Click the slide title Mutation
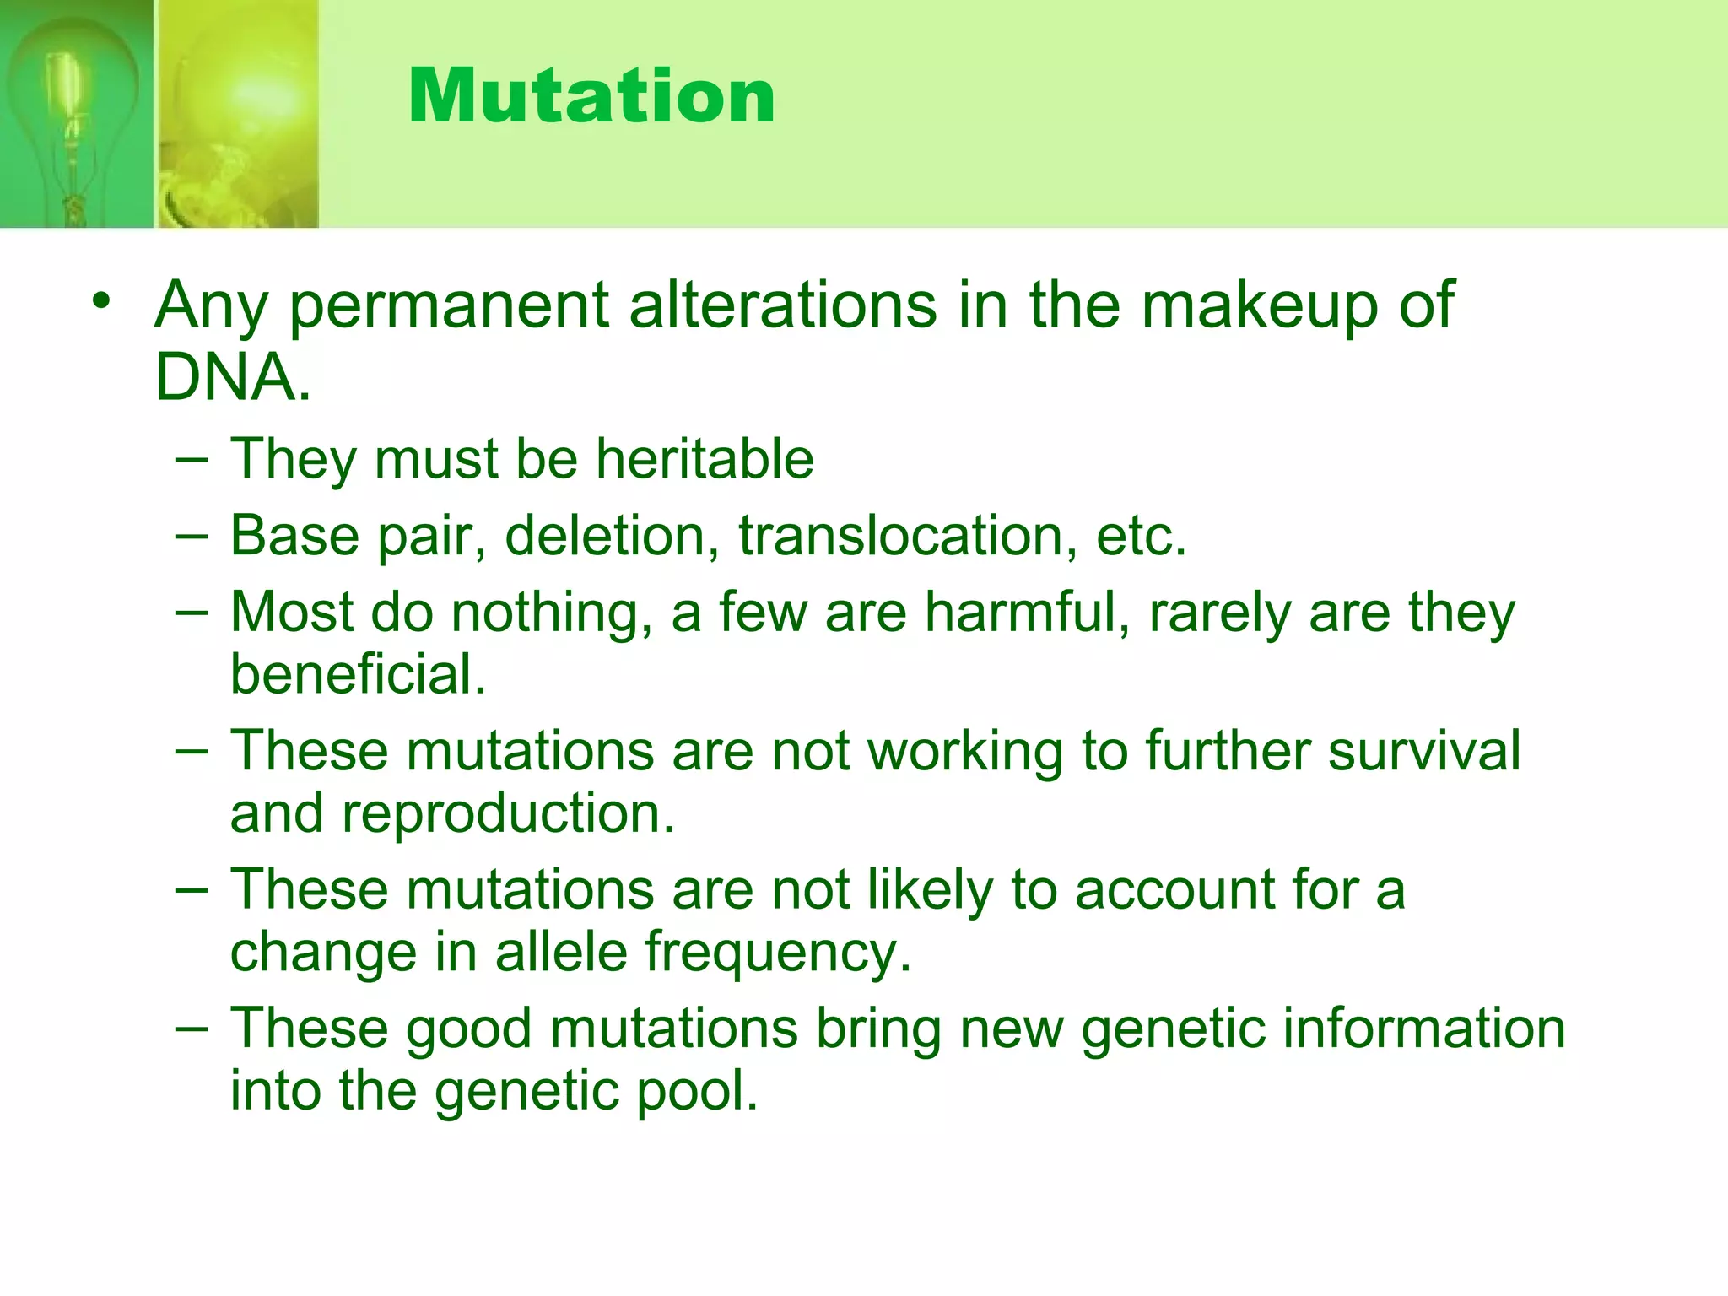coord(591,96)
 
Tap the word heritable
coord(705,459)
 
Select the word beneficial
coord(358,675)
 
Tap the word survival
coord(1424,750)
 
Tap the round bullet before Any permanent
coord(102,301)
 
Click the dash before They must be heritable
coord(192,461)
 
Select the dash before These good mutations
coord(192,1029)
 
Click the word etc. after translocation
coord(1141,536)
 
